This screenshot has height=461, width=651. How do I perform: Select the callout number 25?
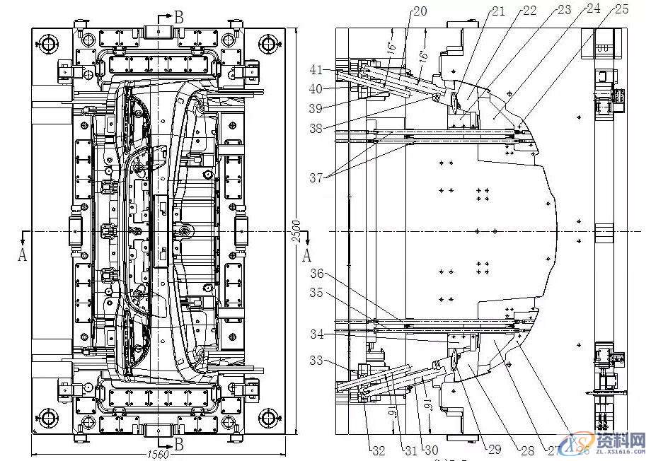(621, 9)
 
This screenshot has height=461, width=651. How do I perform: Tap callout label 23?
(564, 10)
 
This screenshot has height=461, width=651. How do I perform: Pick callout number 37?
(316, 177)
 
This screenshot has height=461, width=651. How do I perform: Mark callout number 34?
(316, 333)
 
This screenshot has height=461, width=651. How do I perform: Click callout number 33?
(316, 361)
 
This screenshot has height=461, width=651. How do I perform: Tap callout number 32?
(379, 448)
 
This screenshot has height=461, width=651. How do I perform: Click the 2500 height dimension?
(297, 231)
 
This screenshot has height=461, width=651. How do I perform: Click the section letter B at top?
(178, 18)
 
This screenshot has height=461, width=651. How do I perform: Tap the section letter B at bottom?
(179, 444)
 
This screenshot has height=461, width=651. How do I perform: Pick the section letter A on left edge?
(22, 255)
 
